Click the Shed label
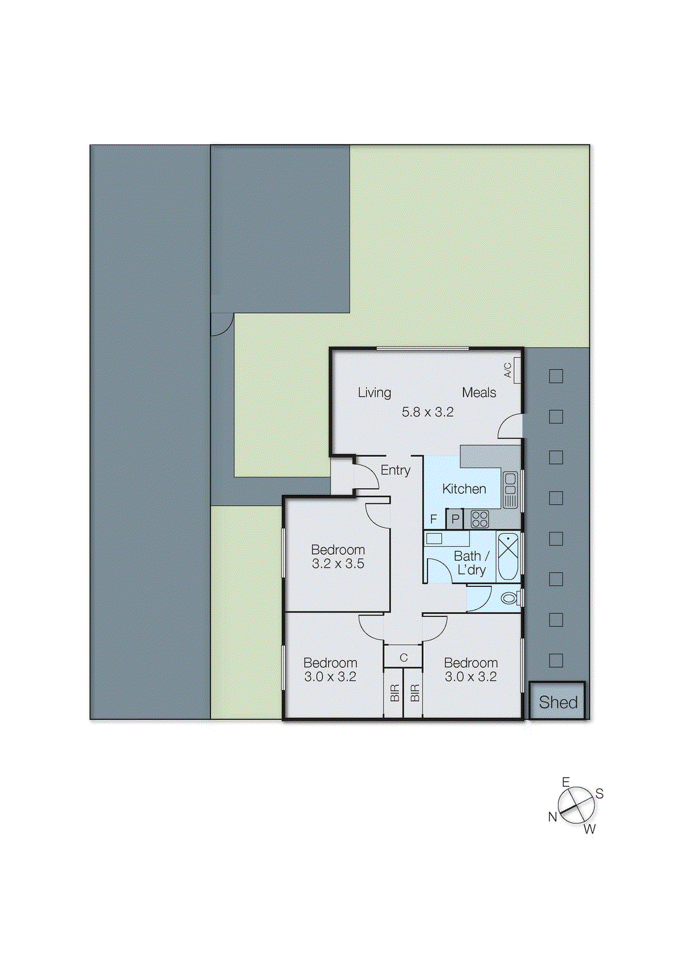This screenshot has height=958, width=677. pos(558,702)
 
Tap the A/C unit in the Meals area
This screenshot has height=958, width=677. pos(516,370)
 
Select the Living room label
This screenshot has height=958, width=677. pos(374,393)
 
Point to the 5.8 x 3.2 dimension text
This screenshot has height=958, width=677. pos(427,412)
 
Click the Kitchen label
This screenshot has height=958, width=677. pos(464,489)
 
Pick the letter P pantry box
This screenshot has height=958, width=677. pos(455,519)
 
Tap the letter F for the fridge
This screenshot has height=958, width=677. pos(434,519)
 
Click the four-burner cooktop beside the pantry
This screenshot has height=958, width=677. pos(479,519)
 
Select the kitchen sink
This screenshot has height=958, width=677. pos(510,490)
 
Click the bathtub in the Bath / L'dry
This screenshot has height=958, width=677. pos(508,556)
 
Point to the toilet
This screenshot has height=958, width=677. pos(509,598)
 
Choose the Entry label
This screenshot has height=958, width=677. pos(395,471)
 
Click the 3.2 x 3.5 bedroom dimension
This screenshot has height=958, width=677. pos(338,563)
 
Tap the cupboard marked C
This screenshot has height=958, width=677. pos(403,657)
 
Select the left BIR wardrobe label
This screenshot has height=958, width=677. pos(394,693)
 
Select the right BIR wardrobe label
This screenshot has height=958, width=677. pos(414,693)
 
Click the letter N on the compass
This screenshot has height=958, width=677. pos(552,817)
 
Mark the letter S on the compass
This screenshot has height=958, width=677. pos(599,794)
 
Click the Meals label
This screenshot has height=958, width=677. pos(479,393)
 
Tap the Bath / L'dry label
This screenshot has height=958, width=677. pos(471,563)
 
